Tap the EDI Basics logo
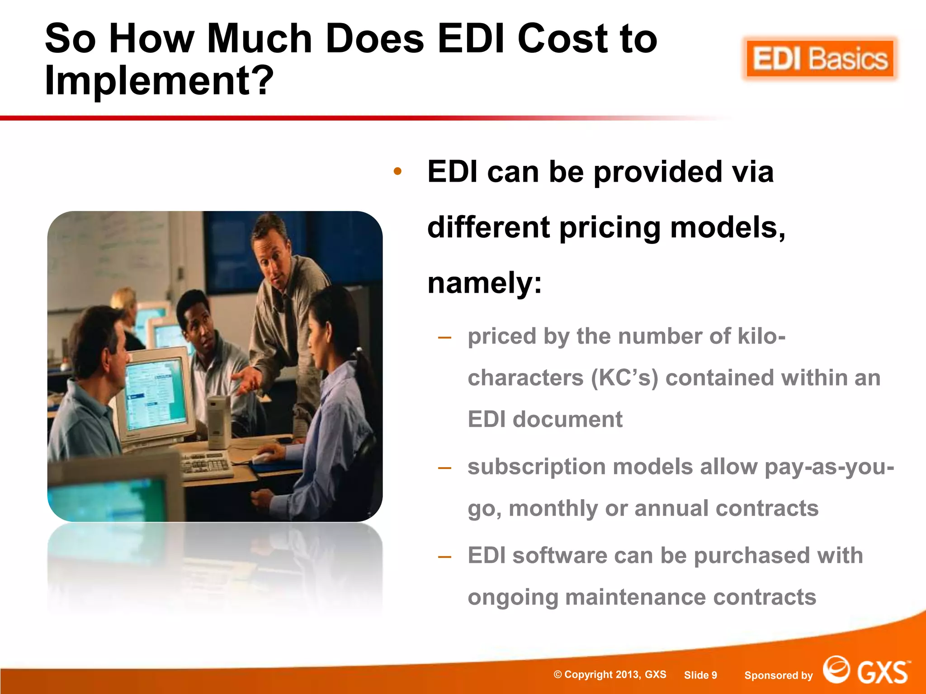pos(820,59)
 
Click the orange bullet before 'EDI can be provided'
pos(397,172)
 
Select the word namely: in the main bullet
pos(484,283)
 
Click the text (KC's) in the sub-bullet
pos(624,378)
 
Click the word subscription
pos(536,467)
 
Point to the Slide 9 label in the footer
pos(700,675)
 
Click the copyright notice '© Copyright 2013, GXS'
pos(610,675)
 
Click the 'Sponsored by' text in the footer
pos(778,675)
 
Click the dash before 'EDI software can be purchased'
pos(444,556)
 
